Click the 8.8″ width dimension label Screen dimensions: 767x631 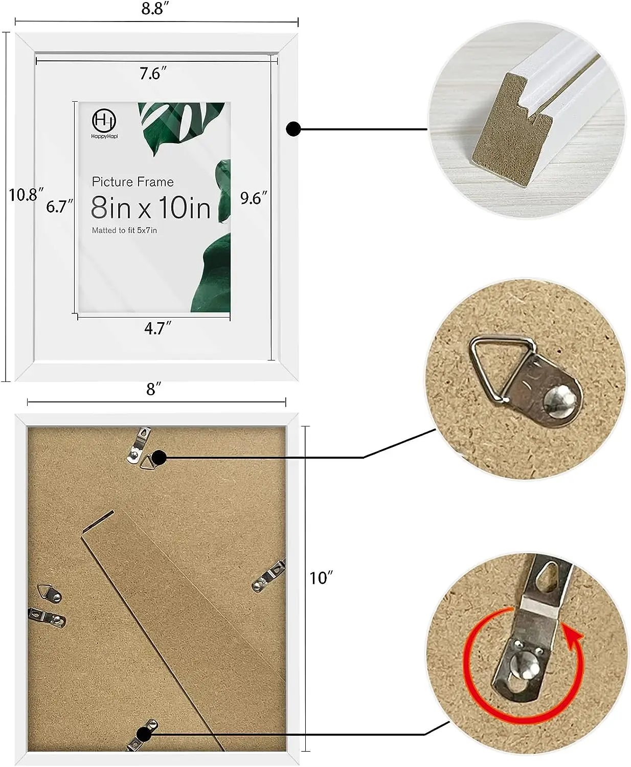coord(152,9)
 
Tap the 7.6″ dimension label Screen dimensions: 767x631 coord(153,74)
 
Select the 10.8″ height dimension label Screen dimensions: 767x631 coord(25,195)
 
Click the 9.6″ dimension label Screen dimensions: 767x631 coord(254,198)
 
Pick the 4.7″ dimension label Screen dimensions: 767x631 coord(157,328)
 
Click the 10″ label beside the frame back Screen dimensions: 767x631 coord(321,578)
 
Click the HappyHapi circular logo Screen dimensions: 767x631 coord(104,121)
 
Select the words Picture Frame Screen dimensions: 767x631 coord(132,182)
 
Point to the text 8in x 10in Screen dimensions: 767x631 coord(151,208)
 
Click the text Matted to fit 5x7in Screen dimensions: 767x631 coord(124,231)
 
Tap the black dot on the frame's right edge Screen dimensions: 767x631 coord(293,129)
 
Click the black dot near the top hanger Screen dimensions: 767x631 coord(159,457)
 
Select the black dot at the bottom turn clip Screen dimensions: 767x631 coord(145,735)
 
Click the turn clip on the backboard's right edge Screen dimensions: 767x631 coord(269,576)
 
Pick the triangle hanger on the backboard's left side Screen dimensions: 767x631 coord(49,593)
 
